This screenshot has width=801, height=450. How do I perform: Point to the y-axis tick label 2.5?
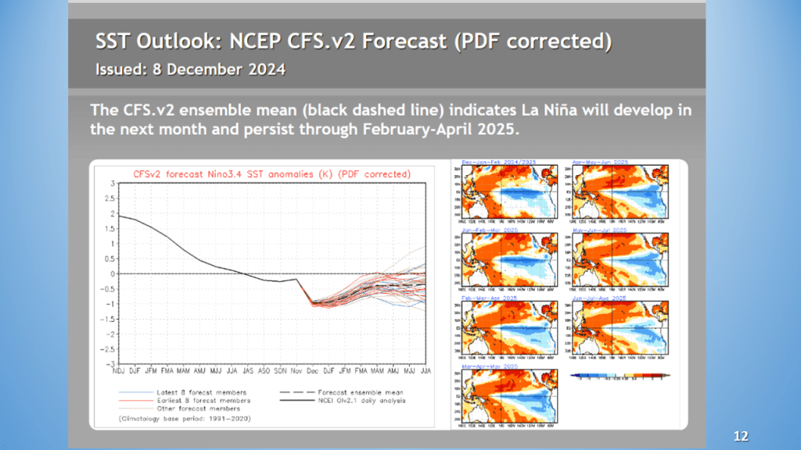coord(113,198)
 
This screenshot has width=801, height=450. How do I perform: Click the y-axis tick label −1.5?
coord(110,319)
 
